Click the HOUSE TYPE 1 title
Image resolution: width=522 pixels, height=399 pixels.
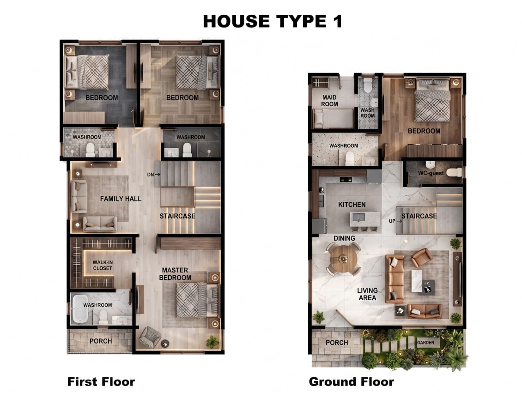(273, 21)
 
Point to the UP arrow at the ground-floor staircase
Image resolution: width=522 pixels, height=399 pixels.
(399, 221)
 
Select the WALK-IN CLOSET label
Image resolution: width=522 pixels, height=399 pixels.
(103, 265)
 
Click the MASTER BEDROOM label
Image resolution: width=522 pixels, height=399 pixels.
(175, 274)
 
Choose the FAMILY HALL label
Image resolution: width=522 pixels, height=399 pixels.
(121, 199)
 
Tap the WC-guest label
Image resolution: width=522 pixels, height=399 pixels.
(431, 173)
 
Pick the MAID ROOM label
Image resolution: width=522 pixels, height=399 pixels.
(329, 101)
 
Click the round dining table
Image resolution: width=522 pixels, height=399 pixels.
(344, 259)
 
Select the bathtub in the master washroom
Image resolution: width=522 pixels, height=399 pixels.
(80, 309)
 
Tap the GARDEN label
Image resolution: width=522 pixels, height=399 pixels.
(425, 342)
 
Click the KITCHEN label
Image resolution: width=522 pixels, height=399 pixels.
(352, 205)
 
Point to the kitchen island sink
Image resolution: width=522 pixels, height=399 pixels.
(358, 218)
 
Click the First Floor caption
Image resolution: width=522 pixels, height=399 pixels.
(101, 381)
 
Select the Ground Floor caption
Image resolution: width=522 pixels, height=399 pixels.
(351, 381)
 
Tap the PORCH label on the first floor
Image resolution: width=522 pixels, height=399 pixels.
(101, 341)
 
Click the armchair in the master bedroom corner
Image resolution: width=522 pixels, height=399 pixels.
(150, 337)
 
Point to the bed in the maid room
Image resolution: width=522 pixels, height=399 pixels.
(333, 119)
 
